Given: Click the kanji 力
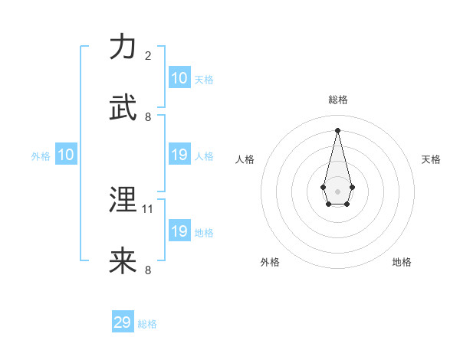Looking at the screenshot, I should [x=123, y=47].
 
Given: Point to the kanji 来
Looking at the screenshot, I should [x=123, y=260].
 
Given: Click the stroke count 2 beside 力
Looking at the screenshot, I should [x=148, y=56].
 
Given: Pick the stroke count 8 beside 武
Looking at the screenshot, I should [x=148, y=116].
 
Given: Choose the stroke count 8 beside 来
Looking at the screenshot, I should [x=148, y=270].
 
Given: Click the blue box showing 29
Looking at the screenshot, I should [x=123, y=322].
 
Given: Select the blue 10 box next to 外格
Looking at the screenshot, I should [x=65, y=155].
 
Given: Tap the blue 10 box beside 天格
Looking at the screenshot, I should [x=179, y=78].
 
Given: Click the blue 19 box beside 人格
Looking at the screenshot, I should [x=179, y=155].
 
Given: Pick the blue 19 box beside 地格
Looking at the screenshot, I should [x=179, y=231].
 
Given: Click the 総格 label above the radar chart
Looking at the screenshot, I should [x=338, y=100].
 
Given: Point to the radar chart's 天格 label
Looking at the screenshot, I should [x=432, y=159].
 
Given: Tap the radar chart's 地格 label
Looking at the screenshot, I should [x=402, y=262].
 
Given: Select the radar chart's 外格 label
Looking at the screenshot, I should [x=270, y=262].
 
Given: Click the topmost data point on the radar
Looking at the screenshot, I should [x=337, y=129].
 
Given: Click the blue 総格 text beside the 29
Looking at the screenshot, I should [x=147, y=324].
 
